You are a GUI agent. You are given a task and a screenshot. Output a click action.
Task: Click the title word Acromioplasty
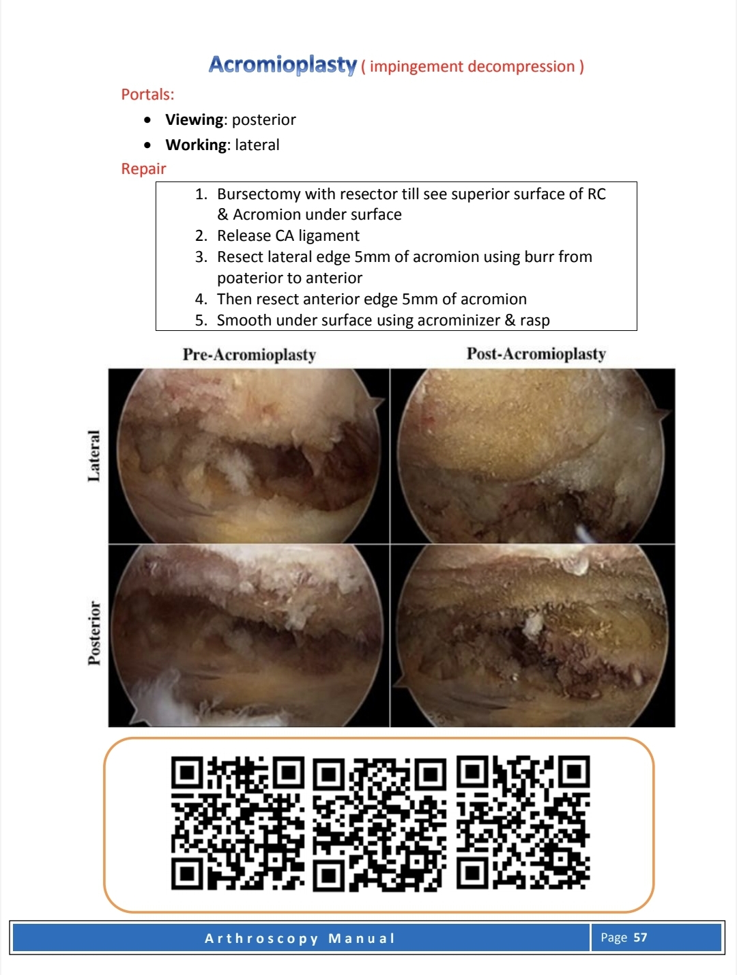(x=283, y=65)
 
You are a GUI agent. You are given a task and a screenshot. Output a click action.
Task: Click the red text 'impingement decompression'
(x=472, y=67)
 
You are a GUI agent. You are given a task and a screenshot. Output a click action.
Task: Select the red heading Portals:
(x=147, y=95)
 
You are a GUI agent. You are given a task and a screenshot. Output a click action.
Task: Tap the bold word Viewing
(x=194, y=120)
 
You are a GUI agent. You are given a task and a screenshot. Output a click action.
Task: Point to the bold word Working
(x=196, y=145)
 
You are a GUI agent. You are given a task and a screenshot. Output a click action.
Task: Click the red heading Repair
(x=143, y=169)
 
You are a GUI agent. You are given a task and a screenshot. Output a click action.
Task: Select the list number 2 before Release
(x=201, y=236)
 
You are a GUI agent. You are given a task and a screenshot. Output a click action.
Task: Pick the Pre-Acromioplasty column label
(x=249, y=355)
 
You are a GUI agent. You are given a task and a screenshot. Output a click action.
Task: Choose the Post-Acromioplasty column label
(x=536, y=354)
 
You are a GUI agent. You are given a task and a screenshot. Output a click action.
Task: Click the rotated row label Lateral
(x=94, y=456)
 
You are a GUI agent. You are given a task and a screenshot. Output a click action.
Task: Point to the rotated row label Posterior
(x=94, y=632)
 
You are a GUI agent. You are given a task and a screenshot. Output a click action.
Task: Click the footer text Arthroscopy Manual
(x=300, y=938)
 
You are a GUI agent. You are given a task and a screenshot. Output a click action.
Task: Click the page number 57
(x=640, y=937)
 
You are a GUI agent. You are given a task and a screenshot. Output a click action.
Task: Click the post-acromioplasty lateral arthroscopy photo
(x=532, y=456)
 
